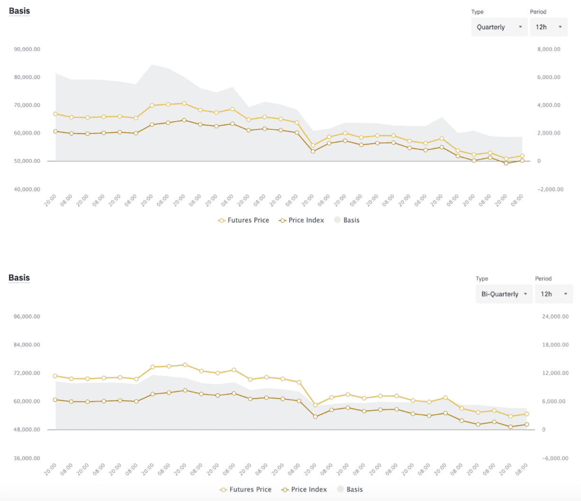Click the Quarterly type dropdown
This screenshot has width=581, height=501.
click(x=499, y=27)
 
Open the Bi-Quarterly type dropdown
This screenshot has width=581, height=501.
click(x=504, y=294)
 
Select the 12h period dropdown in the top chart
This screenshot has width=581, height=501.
click(x=548, y=27)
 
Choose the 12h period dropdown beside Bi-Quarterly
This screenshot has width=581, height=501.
click(x=554, y=294)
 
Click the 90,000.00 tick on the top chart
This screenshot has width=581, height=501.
click(x=27, y=49)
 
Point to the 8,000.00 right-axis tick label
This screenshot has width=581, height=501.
click(x=549, y=49)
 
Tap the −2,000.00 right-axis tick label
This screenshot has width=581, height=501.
click(x=550, y=189)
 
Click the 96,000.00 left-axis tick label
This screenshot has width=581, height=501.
click(x=27, y=316)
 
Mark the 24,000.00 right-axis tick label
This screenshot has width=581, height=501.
click(x=555, y=316)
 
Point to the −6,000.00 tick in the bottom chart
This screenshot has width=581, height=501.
click(x=555, y=458)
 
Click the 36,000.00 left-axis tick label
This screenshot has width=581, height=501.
click(x=27, y=458)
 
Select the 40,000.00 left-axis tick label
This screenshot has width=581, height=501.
click(x=27, y=189)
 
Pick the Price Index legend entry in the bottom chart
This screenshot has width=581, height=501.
click(x=304, y=490)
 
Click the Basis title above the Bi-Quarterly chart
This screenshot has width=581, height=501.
click(x=19, y=278)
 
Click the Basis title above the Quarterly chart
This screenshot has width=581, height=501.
click(x=19, y=10)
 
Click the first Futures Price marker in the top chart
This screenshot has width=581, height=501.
click(x=55, y=114)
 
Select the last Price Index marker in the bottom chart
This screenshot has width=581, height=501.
click(x=527, y=425)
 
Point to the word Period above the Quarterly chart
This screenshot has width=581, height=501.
click(x=538, y=12)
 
